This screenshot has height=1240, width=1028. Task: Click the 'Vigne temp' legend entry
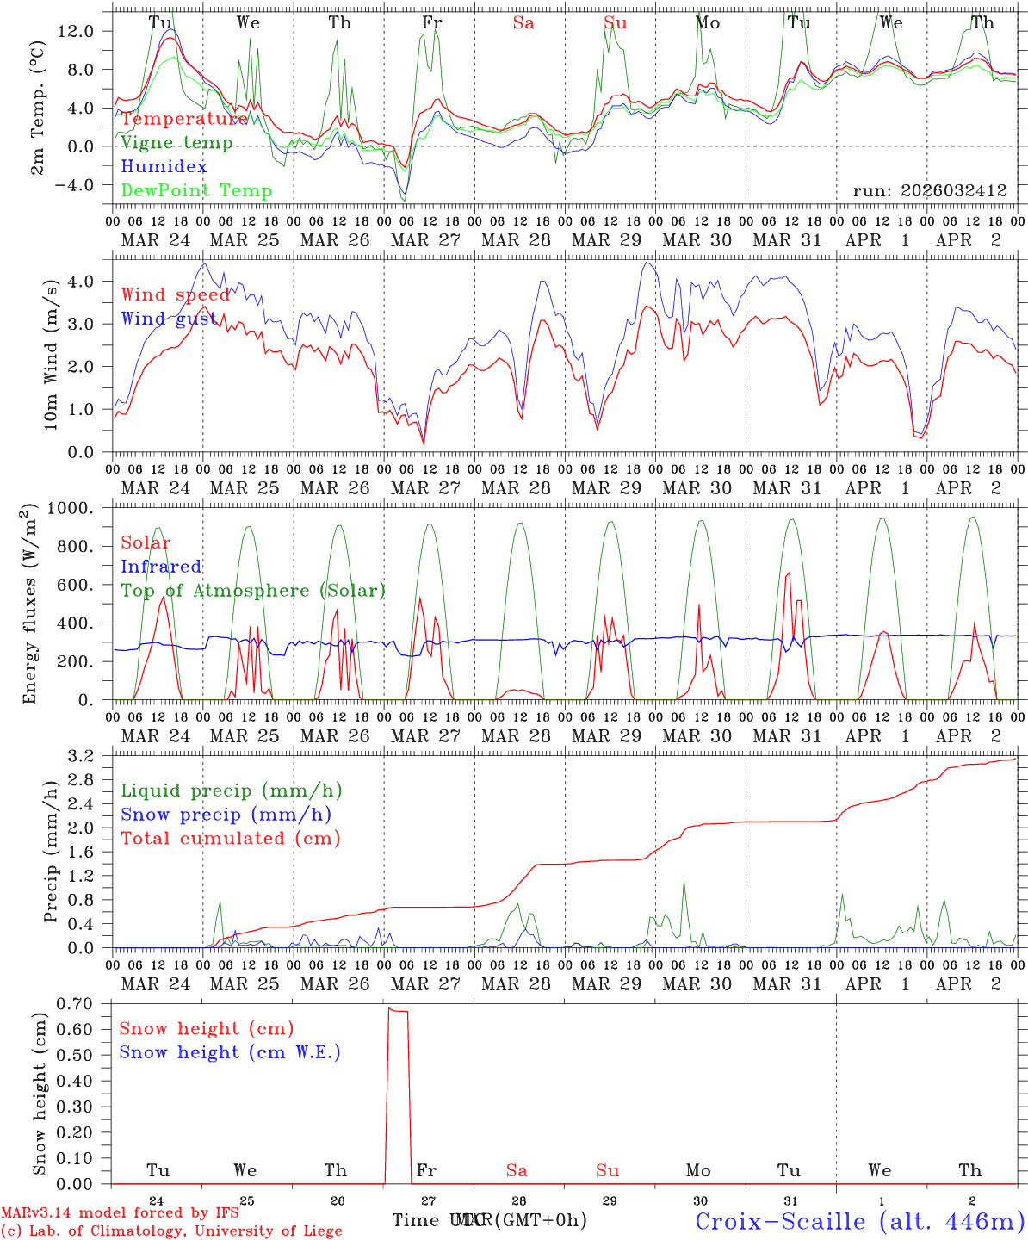[x=176, y=143]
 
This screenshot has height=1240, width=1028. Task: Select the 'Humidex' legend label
[x=164, y=167]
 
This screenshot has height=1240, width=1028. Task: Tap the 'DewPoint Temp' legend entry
[x=196, y=191]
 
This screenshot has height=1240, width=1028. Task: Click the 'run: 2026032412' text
[x=930, y=191]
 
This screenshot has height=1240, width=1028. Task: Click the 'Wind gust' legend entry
[x=170, y=319]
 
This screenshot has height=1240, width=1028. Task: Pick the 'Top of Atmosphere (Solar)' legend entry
[x=253, y=591]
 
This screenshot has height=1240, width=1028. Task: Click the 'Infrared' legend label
[x=161, y=567]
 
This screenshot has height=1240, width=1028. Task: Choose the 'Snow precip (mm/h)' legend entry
[x=226, y=815]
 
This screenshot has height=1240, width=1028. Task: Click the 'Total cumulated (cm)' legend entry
[x=230, y=839]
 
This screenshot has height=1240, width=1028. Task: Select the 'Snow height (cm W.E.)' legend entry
[x=230, y=1052]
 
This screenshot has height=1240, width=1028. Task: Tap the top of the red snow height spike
[x=390, y=1008]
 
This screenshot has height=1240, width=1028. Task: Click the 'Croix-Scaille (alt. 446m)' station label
[x=859, y=1221]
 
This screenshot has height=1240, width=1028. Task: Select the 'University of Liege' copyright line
[x=171, y=1231]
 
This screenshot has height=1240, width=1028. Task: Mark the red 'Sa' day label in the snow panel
[x=517, y=1170]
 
